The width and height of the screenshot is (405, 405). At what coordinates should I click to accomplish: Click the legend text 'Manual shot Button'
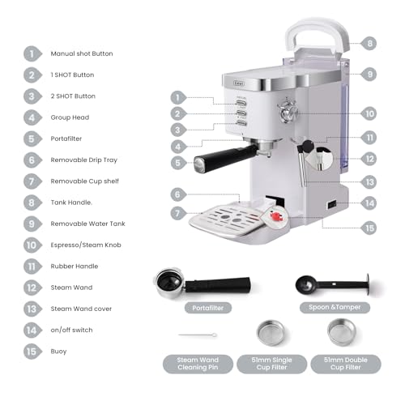82,53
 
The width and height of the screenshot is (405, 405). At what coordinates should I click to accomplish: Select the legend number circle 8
32,202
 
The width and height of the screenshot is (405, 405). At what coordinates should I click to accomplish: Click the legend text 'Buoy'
60,351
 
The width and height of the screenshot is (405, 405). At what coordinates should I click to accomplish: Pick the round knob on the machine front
286,111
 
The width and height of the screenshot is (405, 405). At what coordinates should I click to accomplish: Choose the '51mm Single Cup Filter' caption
271,363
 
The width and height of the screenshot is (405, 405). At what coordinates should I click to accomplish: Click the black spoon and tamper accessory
327,284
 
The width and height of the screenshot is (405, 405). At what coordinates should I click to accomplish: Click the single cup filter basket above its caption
271,333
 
